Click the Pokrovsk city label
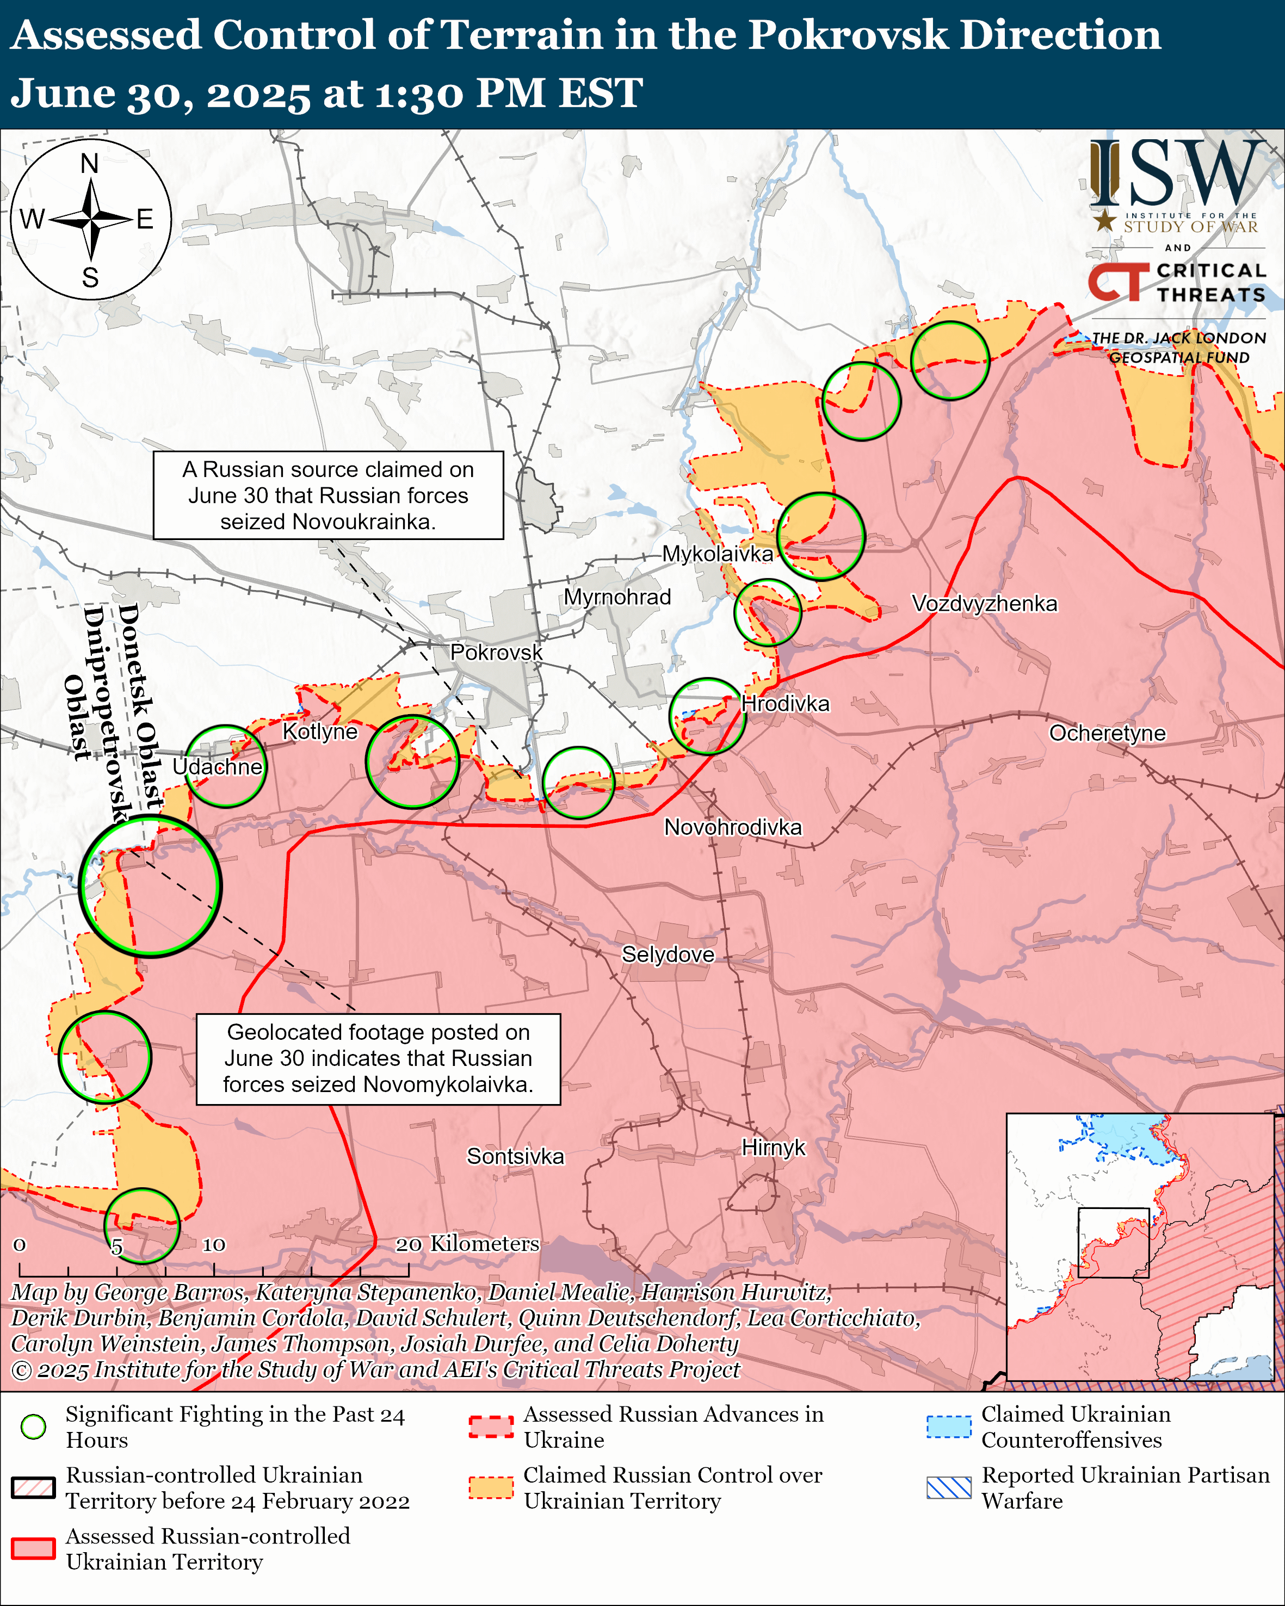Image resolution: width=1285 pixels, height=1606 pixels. point(496,653)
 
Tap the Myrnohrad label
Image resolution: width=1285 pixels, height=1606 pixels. point(617,597)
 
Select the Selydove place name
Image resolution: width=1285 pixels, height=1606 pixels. point(668,954)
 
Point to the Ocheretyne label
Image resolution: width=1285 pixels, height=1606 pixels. point(1107,733)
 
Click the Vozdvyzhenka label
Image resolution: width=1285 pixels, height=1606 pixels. point(984,603)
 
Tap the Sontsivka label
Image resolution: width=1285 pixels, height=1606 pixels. point(516,1156)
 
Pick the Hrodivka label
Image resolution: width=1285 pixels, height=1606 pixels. point(785,704)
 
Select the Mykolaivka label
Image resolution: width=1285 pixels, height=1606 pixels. point(718,554)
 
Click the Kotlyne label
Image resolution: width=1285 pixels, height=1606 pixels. point(319,731)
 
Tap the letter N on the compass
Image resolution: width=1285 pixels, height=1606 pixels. point(89,163)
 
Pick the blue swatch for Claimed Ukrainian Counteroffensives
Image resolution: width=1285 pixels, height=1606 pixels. point(948,1427)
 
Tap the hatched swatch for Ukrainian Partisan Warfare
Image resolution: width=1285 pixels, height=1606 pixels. point(948,1487)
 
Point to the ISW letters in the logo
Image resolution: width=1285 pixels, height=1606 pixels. point(1177,175)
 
